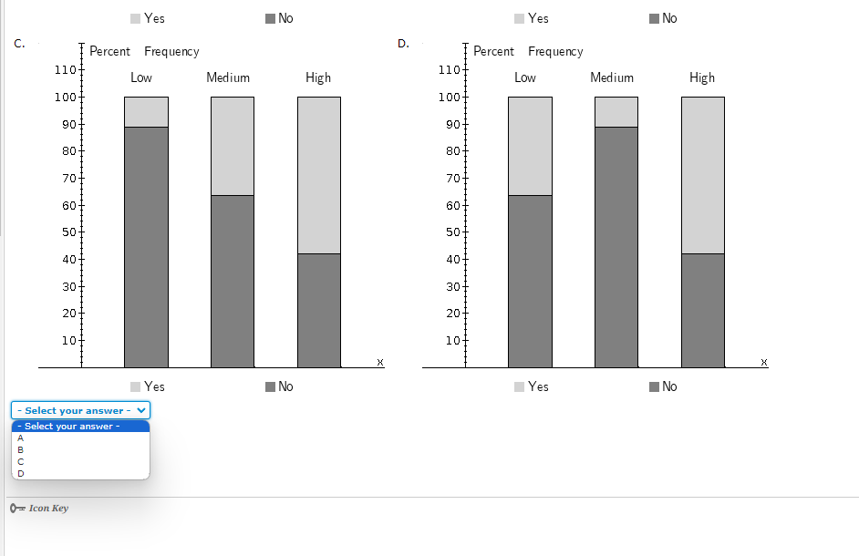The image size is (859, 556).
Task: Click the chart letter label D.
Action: pyautogui.click(x=404, y=44)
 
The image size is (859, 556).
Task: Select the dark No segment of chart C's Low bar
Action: pyautogui.click(x=146, y=246)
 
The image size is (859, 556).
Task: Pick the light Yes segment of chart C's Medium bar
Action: pyautogui.click(x=232, y=146)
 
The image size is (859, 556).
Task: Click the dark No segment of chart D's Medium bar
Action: pyautogui.click(x=616, y=246)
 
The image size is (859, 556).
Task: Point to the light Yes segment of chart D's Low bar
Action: pyautogui.click(x=530, y=146)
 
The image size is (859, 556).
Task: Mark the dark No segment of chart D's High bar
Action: pyautogui.click(x=702, y=310)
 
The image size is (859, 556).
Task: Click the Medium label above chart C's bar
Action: pyautogui.click(x=228, y=77)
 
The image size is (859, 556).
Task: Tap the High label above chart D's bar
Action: pyautogui.click(x=702, y=77)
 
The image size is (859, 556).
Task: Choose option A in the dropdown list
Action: pyautogui.click(x=21, y=438)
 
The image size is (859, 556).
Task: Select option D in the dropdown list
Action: pyautogui.click(x=21, y=473)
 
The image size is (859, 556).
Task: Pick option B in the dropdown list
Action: pyautogui.click(x=21, y=449)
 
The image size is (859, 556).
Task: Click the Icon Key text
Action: pyautogui.click(x=48, y=508)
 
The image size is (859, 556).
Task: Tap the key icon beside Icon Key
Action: pyautogui.click(x=16, y=508)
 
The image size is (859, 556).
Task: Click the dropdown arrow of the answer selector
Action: pyautogui.click(x=140, y=410)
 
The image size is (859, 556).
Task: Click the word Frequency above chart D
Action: pyautogui.click(x=555, y=52)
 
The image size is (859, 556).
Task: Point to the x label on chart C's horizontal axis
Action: pyautogui.click(x=380, y=363)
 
